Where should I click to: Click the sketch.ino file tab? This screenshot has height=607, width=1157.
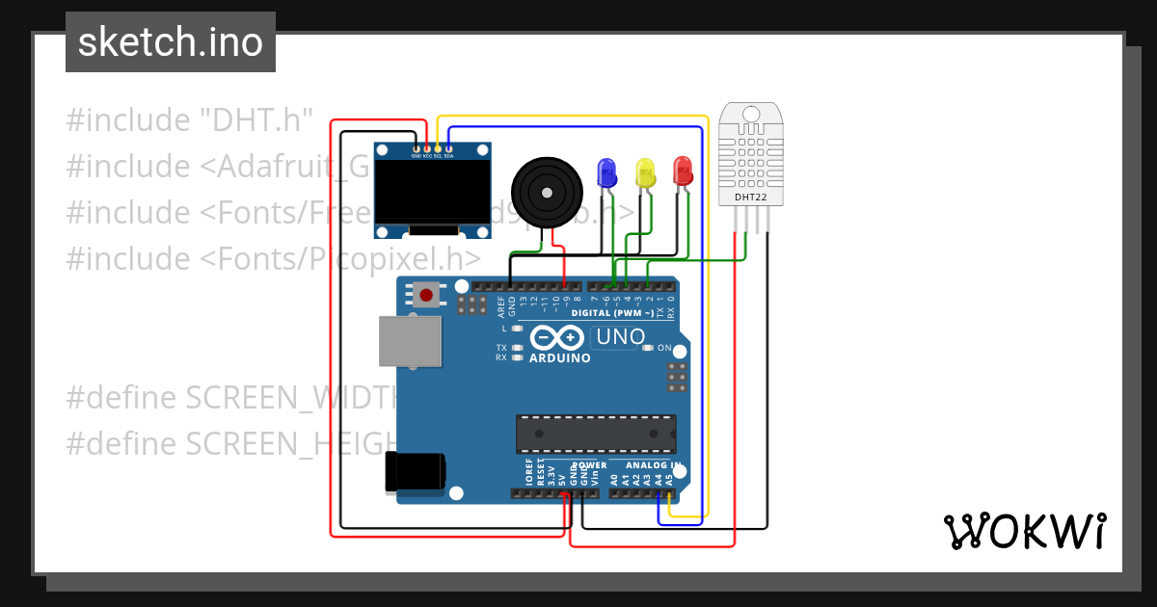tap(171, 42)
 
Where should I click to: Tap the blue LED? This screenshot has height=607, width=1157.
tap(606, 172)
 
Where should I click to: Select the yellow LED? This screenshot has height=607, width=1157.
tap(645, 173)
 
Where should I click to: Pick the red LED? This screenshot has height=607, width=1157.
tap(683, 172)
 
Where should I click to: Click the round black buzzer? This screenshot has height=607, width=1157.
tap(548, 193)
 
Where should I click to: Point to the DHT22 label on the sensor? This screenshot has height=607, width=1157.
tap(750, 197)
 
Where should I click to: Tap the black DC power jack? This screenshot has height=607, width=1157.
tap(415, 471)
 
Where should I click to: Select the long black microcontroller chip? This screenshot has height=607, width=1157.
tap(596, 434)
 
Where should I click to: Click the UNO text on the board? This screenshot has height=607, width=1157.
tap(620, 337)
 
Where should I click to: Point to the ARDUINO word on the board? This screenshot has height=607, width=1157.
tap(560, 358)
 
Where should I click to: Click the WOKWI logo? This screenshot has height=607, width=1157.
tap(1024, 531)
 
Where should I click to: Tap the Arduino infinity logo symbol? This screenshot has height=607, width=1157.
tap(556, 337)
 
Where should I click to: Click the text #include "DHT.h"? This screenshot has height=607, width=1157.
tap(190, 120)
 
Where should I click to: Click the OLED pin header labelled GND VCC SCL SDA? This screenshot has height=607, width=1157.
tap(432, 155)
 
